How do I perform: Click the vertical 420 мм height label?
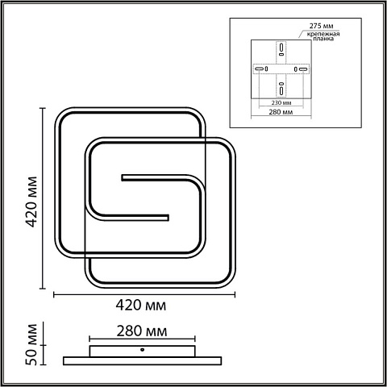(32, 202)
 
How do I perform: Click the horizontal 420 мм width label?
(141, 306)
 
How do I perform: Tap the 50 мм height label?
(31, 344)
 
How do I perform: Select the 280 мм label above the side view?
(142, 331)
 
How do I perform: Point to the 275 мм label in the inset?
(321, 26)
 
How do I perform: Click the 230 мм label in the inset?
(281, 102)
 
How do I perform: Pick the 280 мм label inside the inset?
(281, 112)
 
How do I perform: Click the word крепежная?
(323, 34)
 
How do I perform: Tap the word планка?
(323, 39)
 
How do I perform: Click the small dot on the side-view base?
(142, 350)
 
